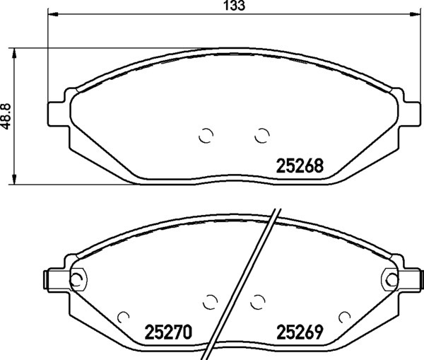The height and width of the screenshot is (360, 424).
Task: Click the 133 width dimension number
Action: [235, 6]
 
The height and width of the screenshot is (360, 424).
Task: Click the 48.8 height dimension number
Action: [6, 116]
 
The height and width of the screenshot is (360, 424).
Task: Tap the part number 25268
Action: [300, 166]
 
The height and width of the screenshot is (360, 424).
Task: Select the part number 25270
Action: [168, 332]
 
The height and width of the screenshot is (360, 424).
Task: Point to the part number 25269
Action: [300, 332]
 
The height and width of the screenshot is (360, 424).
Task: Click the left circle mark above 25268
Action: [206, 135]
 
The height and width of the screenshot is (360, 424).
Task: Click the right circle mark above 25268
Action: [261, 135]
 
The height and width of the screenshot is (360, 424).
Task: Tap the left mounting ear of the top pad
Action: [58, 114]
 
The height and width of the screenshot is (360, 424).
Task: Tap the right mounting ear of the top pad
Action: [410, 114]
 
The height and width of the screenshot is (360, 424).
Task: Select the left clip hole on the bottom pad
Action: [78, 279]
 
